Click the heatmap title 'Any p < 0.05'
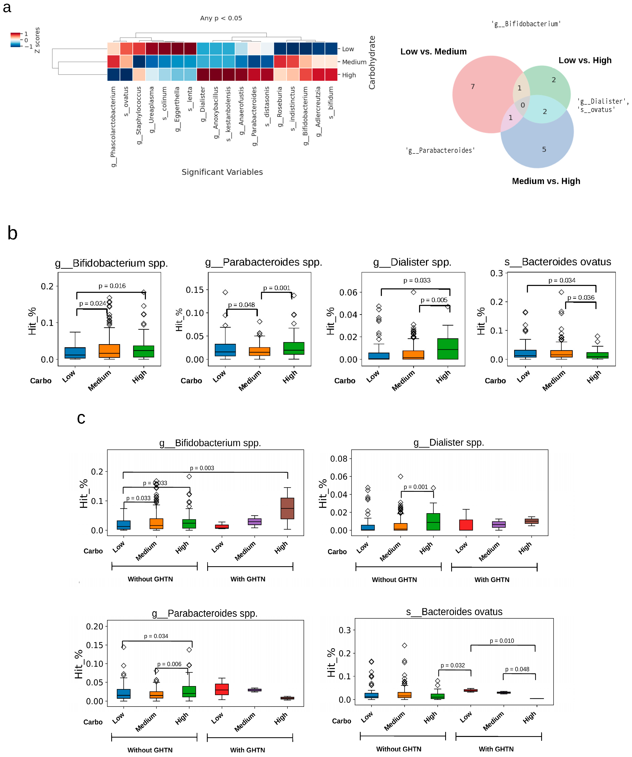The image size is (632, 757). coord(221,18)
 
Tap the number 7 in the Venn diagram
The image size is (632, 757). coord(473,87)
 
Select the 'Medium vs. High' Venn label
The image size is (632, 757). coord(546,181)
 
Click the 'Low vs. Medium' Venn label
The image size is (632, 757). coord(433,52)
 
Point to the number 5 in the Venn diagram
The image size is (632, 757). coord(544,149)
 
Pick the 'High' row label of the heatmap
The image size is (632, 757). coord(349,75)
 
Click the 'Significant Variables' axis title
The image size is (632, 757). coord(222,172)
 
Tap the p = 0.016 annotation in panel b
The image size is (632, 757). coord(112,286)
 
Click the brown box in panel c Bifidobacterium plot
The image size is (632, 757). coord(287,508)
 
